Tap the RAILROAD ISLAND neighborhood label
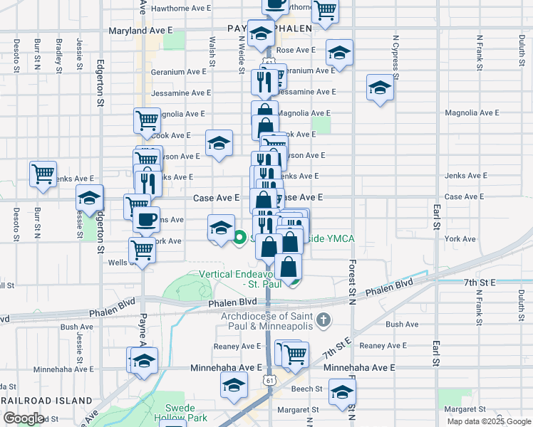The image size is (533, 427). coord(48,401)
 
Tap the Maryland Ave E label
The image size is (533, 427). coord(141,31)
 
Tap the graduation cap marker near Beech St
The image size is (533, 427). coord(342,391)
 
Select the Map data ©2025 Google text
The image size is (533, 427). coord(488,421)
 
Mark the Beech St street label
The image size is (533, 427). coord(307,389)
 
